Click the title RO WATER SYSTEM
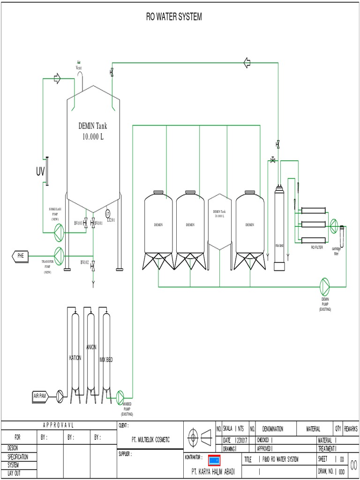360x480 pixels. [174, 17]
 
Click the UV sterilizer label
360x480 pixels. [40, 172]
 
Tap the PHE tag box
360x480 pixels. [20, 255]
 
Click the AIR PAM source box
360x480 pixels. [40, 396]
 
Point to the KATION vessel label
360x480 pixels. [75, 358]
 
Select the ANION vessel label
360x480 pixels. [91, 347]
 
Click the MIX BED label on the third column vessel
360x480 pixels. [106, 360]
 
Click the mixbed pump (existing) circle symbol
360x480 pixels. [120, 396]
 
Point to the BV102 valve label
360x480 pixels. [84, 262]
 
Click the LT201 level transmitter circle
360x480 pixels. [107, 213]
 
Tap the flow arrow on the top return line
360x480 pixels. [247, 63]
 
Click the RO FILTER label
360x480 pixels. [317, 247]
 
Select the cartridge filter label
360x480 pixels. [337, 251]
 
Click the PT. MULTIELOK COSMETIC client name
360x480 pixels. [150, 440]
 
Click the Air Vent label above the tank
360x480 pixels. [79, 66]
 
